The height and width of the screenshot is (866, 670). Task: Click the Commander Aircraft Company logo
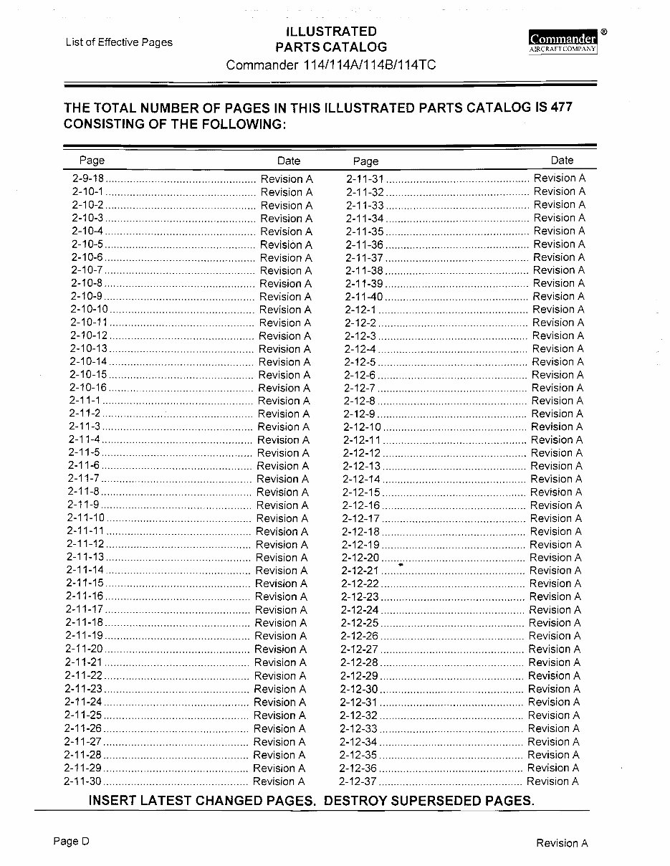(x=563, y=42)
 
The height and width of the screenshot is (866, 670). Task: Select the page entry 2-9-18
(x=88, y=179)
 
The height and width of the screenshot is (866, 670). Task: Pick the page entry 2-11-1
(x=85, y=401)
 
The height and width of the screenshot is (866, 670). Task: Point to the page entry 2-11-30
(x=83, y=781)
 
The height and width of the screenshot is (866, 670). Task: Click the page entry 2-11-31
(x=365, y=179)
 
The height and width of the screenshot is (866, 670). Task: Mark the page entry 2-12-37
(x=358, y=781)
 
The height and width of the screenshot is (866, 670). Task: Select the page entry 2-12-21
(x=360, y=571)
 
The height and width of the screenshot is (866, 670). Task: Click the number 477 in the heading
(x=562, y=108)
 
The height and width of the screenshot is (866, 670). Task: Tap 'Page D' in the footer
(x=71, y=842)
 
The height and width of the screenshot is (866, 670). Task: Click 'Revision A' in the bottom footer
(x=562, y=843)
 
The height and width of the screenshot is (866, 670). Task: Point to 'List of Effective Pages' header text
(x=119, y=42)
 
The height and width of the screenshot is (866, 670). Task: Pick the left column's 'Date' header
(x=289, y=161)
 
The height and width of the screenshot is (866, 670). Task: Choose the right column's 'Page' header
(x=365, y=161)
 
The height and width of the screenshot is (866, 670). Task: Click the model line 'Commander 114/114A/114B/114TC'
(x=331, y=65)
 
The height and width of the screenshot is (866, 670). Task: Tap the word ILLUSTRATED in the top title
(x=331, y=32)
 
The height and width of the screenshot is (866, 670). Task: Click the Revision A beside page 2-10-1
(x=287, y=192)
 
